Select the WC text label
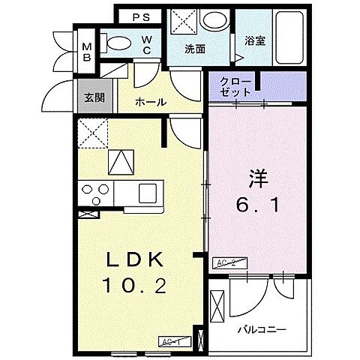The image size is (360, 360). coord(148,45)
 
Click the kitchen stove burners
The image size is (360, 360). coord(94,194)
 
